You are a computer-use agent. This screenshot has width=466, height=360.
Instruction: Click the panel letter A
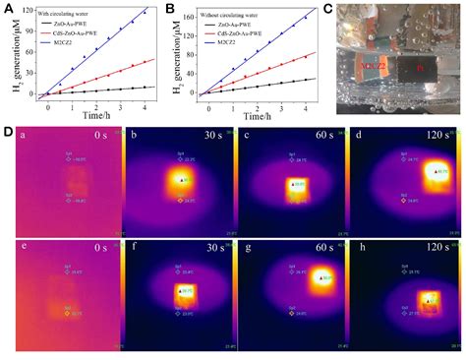8,8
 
